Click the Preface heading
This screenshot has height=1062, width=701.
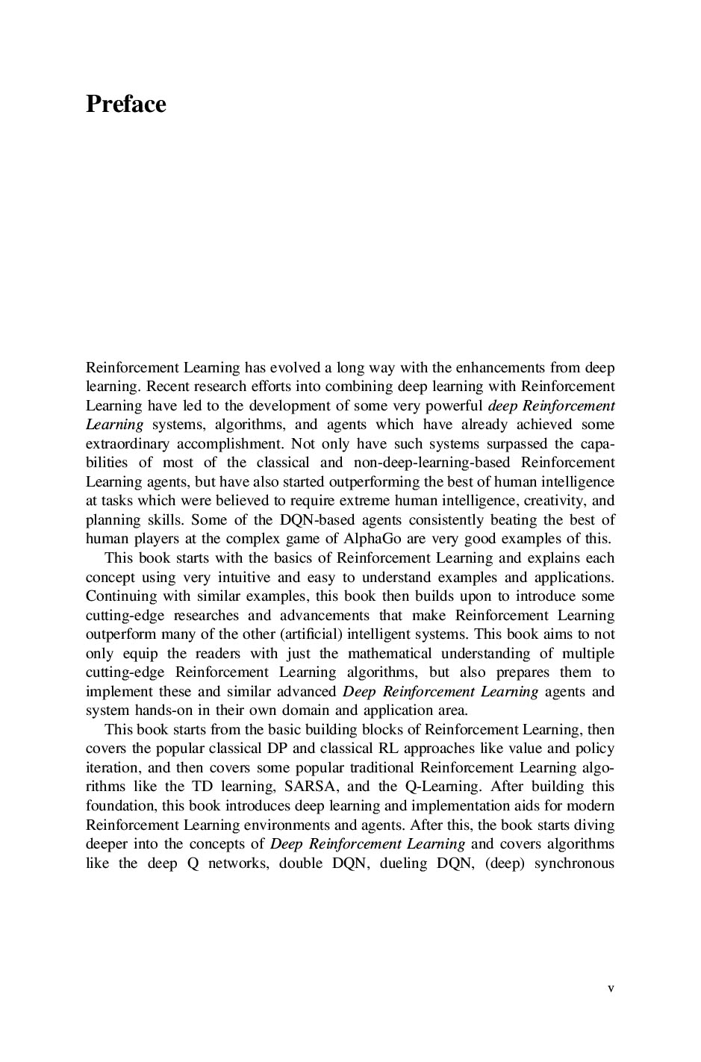click(125, 104)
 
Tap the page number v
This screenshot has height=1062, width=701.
click(611, 988)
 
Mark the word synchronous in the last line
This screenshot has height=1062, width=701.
click(574, 863)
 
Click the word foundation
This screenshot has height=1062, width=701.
click(120, 806)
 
